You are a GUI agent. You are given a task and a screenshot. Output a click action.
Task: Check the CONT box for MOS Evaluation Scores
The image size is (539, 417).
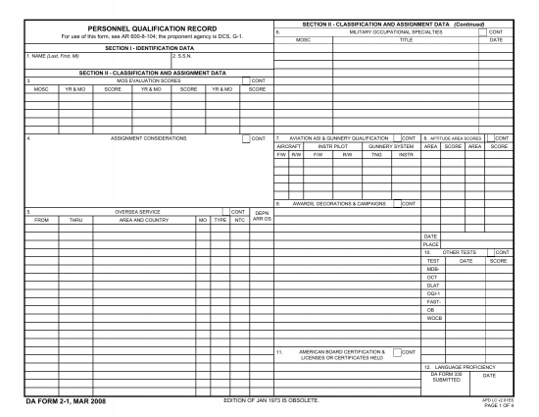(x=245, y=80)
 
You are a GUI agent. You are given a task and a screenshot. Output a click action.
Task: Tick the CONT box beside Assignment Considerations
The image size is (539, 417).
(x=245, y=138)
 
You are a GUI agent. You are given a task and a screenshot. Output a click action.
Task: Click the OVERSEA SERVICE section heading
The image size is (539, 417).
(x=137, y=211)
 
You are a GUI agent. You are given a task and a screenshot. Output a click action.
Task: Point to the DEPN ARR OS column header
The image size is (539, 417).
(x=261, y=215)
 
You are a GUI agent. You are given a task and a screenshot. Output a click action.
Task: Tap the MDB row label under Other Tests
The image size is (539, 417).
(x=433, y=269)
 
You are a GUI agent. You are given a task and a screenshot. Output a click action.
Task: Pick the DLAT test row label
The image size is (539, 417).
(x=433, y=286)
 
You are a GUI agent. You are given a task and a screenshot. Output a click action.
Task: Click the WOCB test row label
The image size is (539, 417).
(x=435, y=318)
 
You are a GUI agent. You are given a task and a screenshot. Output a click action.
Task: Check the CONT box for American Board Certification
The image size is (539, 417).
(x=397, y=352)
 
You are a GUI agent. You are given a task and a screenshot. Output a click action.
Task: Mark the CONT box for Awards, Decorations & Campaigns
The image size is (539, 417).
(x=397, y=203)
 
